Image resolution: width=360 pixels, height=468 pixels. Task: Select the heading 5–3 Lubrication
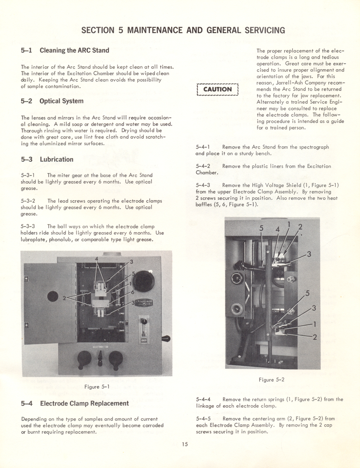pos(47,159)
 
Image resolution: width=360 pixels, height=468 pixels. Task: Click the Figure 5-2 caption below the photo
pos(271,379)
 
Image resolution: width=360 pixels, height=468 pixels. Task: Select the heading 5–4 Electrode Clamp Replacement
pos(75,403)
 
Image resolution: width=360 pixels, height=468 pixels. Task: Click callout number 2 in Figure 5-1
pos(65,298)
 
